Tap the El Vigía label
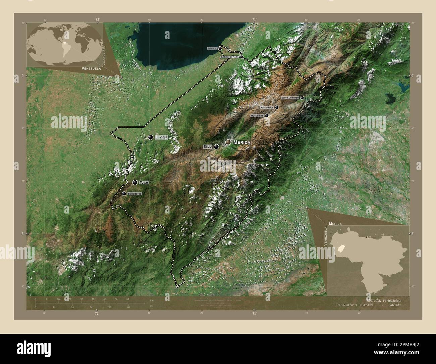point(161,137)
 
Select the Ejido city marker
point(216,147)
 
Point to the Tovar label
point(144,182)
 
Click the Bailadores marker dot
point(124,194)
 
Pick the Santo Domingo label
point(290,98)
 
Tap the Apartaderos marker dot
point(277,108)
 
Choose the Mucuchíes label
point(257,116)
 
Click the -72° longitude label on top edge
point(97,19)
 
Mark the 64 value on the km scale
point(128,299)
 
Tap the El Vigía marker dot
point(151,137)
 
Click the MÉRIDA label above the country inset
point(335,223)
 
